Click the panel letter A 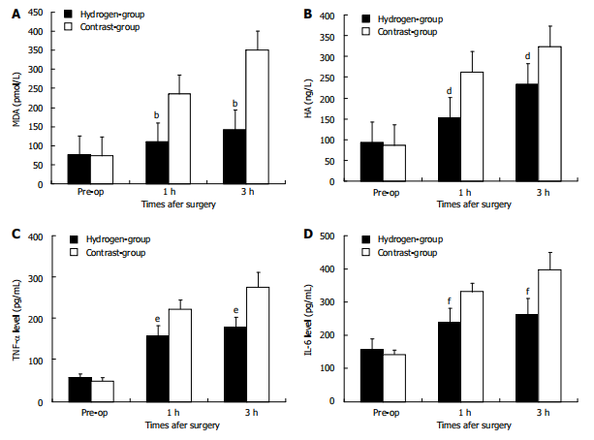coord(11,16)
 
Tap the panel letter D coord(307,234)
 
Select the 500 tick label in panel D coord(326,236)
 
